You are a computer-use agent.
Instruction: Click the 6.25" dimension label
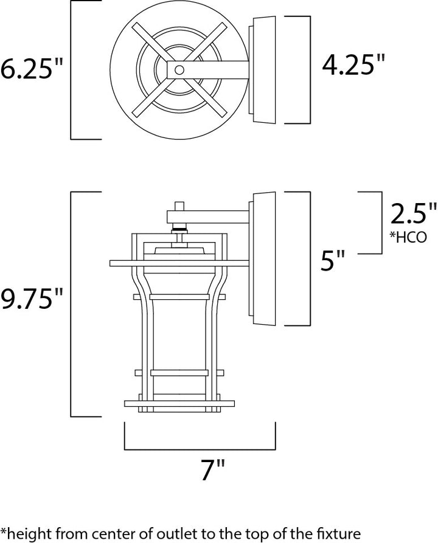tap(32, 68)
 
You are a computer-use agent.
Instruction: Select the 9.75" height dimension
tap(32, 298)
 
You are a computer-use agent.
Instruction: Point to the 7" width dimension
tap(213, 470)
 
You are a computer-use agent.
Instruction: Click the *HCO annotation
tap(408, 237)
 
